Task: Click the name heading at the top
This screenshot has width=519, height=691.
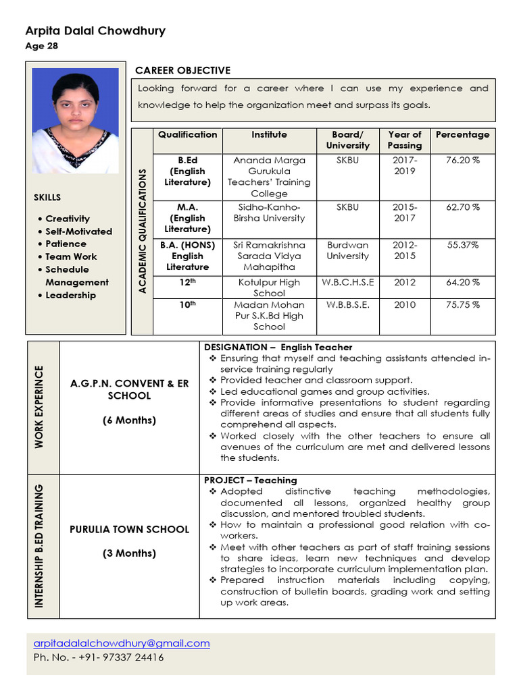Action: click(95, 31)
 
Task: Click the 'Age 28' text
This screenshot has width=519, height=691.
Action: click(41, 47)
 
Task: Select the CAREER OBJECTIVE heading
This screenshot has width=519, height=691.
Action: click(182, 71)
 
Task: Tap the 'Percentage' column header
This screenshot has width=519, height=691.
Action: click(462, 135)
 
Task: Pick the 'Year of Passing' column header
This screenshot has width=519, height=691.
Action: click(404, 140)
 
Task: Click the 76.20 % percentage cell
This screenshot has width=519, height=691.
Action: click(462, 161)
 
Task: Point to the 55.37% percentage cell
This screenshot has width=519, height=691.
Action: click(462, 246)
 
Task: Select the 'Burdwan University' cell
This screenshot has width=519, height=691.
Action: click(347, 251)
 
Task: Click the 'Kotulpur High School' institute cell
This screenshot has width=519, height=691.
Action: click(269, 287)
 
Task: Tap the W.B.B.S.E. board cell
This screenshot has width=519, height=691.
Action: click(347, 305)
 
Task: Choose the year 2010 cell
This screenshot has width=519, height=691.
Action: click(404, 305)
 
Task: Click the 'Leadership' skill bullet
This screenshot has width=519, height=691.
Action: click(70, 296)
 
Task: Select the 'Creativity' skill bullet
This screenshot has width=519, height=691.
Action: click(68, 219)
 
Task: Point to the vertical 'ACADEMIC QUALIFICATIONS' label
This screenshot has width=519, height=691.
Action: click(142, 231)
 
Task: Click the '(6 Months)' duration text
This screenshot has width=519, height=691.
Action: click(129, 420)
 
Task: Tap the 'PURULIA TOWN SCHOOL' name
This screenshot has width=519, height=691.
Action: click(129, 530)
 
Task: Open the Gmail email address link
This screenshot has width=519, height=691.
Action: click(122, 644)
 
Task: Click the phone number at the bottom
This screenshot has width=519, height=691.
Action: click(98, 657)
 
